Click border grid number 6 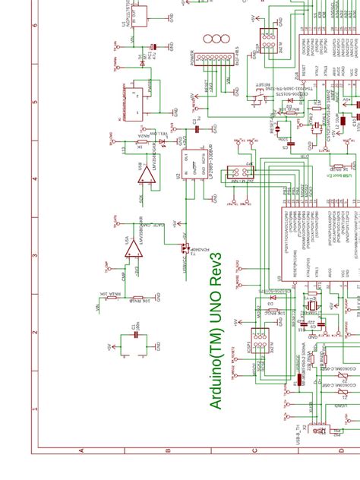point(35,23)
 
